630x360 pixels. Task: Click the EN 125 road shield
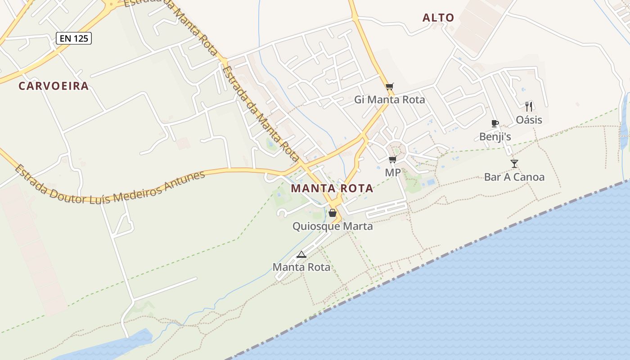coord(74,38)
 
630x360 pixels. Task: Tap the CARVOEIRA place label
coord(54,86)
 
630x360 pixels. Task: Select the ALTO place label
coord(438,18)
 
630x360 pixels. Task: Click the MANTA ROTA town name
coord(332,188)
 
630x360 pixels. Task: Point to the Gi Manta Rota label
coord(390,99)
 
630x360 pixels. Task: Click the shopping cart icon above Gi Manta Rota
coord(390,86)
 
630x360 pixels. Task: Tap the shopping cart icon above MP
coord(393,159)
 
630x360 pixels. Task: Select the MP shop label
coord(393,172)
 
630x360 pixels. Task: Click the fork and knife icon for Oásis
coord(529,107)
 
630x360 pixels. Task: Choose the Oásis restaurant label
coord(529,120)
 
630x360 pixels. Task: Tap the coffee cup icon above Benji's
coord(495,123)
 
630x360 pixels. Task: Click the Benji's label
coord(495,136)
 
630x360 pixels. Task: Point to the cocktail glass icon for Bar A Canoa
coord(514,163)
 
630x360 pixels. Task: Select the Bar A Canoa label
coord(514,177)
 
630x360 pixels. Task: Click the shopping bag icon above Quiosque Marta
coord(333,213)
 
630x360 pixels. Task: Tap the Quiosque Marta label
coord(333,226)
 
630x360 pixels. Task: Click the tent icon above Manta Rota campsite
coord(301,254)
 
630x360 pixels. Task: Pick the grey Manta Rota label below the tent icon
coord(301,267)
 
